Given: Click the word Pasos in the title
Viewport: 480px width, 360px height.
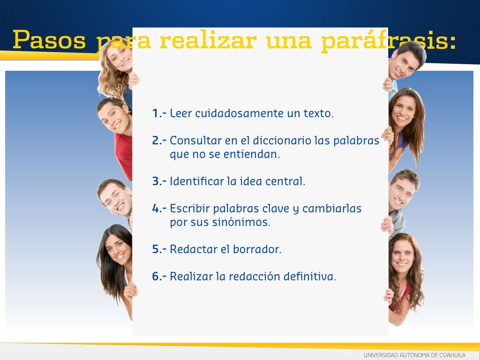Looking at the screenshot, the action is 49,39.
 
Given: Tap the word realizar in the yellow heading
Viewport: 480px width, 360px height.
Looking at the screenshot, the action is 208,39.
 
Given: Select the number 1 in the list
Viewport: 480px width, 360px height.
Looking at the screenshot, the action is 155,113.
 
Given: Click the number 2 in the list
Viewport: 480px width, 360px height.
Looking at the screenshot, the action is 156,141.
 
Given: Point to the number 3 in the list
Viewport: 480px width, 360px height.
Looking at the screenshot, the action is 156,181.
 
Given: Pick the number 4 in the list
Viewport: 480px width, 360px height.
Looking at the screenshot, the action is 156,209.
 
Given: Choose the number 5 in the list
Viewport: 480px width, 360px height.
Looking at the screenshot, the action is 156,249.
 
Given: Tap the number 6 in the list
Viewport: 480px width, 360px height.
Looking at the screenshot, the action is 156,277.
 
